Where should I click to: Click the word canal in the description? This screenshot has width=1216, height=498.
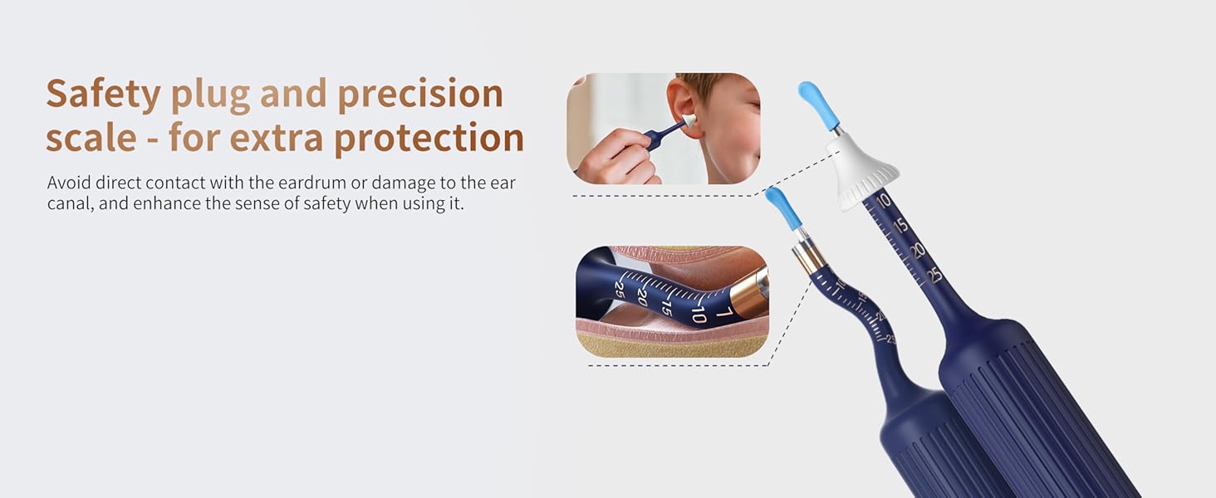[69, 203]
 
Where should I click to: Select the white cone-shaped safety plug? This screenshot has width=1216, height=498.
[862, 172]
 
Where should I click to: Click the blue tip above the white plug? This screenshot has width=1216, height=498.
[816, 104]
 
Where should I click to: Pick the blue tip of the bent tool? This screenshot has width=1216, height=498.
[783, 208]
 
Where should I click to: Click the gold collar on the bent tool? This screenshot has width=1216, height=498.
[808, 256]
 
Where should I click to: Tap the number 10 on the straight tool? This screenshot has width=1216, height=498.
[883, 200]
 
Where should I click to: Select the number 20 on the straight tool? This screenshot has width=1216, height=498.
[918, 250]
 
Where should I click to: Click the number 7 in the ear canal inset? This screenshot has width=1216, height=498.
[723, 313]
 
